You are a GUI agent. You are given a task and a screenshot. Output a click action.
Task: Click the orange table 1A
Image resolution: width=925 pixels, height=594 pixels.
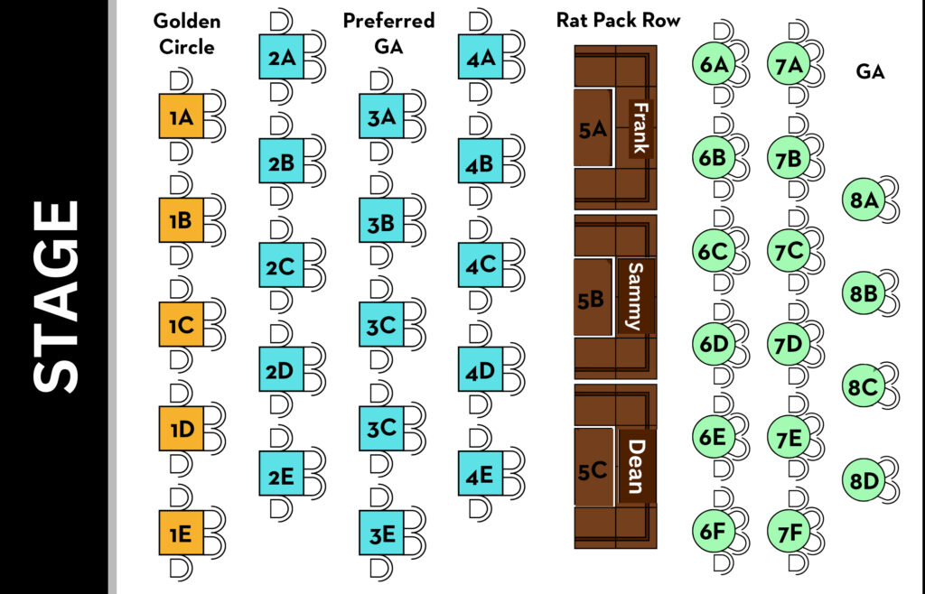[182, 116]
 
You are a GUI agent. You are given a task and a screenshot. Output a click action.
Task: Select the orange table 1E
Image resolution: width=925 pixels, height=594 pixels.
[181, 534]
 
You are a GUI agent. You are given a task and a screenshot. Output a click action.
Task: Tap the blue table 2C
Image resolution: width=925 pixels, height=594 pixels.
[281, 266]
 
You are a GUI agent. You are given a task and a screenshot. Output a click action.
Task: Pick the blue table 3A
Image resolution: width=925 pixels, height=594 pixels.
[381, 116]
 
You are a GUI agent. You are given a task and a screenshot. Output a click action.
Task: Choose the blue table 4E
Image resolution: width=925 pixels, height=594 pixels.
[480, 475]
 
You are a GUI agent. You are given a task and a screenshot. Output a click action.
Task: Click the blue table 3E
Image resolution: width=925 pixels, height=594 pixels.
[381, 534]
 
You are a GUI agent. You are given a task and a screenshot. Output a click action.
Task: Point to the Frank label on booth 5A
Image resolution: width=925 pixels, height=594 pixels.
[640, 128]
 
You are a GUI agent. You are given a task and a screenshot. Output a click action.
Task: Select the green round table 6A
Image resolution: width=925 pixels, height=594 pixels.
[714, 64]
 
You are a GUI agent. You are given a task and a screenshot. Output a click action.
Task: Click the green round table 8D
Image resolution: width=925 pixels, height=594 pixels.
[864, 480]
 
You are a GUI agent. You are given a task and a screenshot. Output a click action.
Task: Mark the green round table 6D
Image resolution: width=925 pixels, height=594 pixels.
[714, 343]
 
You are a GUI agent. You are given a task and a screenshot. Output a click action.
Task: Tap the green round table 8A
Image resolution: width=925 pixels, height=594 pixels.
[864, 200]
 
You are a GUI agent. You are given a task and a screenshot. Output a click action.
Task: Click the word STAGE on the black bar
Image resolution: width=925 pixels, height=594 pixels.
[55, 297]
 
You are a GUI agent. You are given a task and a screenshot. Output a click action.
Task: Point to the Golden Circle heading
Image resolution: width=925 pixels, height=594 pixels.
[187, 34]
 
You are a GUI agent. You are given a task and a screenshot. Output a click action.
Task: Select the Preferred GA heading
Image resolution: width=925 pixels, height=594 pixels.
[388, 33]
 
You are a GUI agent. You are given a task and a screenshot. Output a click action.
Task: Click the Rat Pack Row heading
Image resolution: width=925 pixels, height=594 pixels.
[618, 21]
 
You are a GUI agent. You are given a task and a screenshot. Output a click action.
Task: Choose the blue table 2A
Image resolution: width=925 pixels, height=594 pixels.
[281, 58]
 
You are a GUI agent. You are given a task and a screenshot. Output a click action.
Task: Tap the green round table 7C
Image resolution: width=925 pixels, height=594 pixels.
[789, 250]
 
